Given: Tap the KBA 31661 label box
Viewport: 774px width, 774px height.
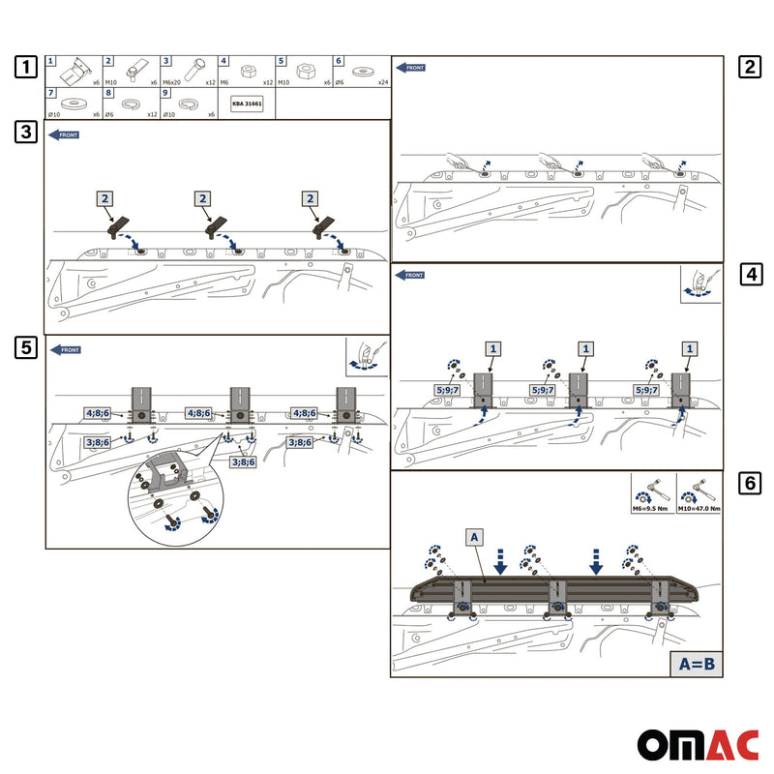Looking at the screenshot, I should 247,103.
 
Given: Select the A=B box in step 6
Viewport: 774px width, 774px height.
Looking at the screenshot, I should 696,664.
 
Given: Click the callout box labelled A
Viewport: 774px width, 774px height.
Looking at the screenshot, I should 473,536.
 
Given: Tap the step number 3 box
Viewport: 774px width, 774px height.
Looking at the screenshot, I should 27,133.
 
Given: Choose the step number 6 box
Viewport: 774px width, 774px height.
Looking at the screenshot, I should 748,484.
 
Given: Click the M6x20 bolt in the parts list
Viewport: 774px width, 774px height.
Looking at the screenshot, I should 192,71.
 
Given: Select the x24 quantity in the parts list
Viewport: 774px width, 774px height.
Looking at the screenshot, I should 382,83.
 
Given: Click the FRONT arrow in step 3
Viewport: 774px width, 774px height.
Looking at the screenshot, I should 63,134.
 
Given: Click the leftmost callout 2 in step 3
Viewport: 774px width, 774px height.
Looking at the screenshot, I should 106,198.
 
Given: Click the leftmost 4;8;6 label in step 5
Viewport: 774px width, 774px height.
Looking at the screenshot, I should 99,413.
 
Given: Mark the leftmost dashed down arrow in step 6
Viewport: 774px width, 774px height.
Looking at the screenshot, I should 499,558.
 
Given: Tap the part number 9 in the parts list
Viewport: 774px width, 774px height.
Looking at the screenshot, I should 166,94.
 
